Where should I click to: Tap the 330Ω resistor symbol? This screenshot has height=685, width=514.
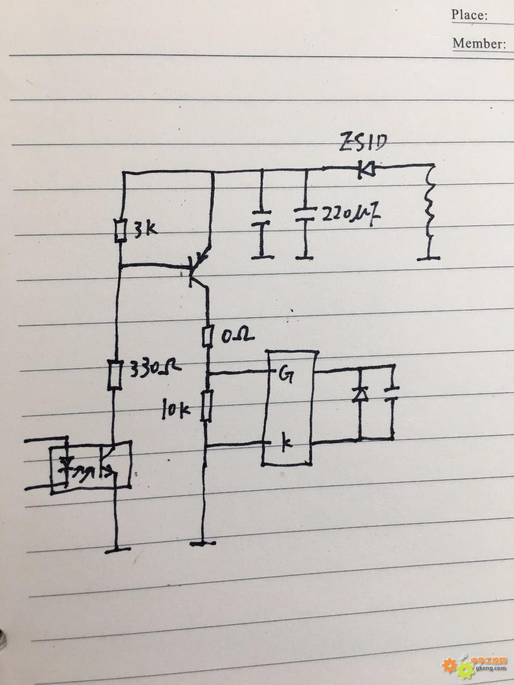tap(114, 375)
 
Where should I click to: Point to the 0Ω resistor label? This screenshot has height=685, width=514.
tap(234, 336)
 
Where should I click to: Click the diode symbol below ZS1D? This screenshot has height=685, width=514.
tap(366, 169)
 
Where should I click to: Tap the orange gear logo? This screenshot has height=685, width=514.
tap(450, 665)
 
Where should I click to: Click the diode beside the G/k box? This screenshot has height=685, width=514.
tap(359, 395)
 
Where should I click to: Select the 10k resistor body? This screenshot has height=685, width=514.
tap(206, 406)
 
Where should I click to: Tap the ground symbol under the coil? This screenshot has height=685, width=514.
tap(428, 257)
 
